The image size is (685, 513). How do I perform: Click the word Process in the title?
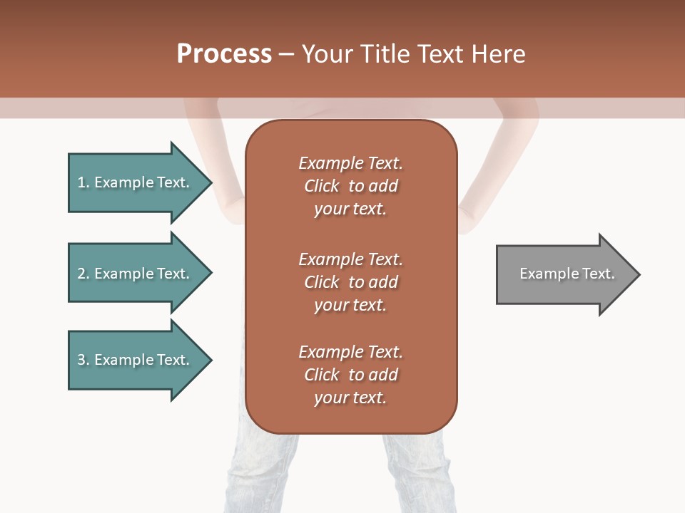[224, 54]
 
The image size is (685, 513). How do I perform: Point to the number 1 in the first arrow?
[81, 182]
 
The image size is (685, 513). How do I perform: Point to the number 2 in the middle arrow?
[81, 274]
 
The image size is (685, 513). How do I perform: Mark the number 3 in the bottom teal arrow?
[81, 360]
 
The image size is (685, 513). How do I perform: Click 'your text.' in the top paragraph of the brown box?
[350, 209]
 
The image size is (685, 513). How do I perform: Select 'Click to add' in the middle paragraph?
[350, 282]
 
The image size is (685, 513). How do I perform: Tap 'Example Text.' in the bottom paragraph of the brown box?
[350, 352]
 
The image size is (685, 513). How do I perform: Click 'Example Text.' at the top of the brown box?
[350, 163]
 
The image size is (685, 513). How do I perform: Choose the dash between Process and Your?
[287, 54]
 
